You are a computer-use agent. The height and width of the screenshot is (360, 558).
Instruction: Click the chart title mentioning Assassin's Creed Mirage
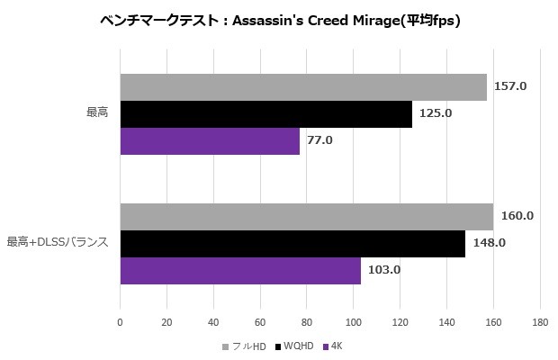[279, 21]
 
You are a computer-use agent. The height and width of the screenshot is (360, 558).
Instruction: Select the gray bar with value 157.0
[303, 86]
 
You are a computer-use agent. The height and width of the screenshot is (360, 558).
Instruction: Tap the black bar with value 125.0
[265, 113]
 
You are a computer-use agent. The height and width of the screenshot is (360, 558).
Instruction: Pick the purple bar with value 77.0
[210, 140]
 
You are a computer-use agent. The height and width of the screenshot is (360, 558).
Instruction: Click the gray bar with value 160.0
[306, 216]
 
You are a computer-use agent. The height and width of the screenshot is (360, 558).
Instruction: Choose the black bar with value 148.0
[292, 243]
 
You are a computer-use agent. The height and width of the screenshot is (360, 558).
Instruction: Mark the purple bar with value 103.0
[240, 270]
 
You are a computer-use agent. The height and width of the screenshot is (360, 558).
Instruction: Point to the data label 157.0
[510, 86]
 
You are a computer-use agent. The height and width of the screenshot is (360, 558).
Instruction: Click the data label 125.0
[436, 113]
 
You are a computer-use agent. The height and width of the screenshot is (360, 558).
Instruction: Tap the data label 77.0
[319, 140]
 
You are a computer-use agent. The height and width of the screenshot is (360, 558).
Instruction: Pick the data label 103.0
[383, 270]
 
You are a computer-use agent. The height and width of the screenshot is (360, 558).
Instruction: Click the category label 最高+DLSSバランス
[58, 242]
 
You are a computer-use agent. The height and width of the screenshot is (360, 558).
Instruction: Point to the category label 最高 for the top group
[97, 113]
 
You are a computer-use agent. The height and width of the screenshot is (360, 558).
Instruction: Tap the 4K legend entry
[337, 346]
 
